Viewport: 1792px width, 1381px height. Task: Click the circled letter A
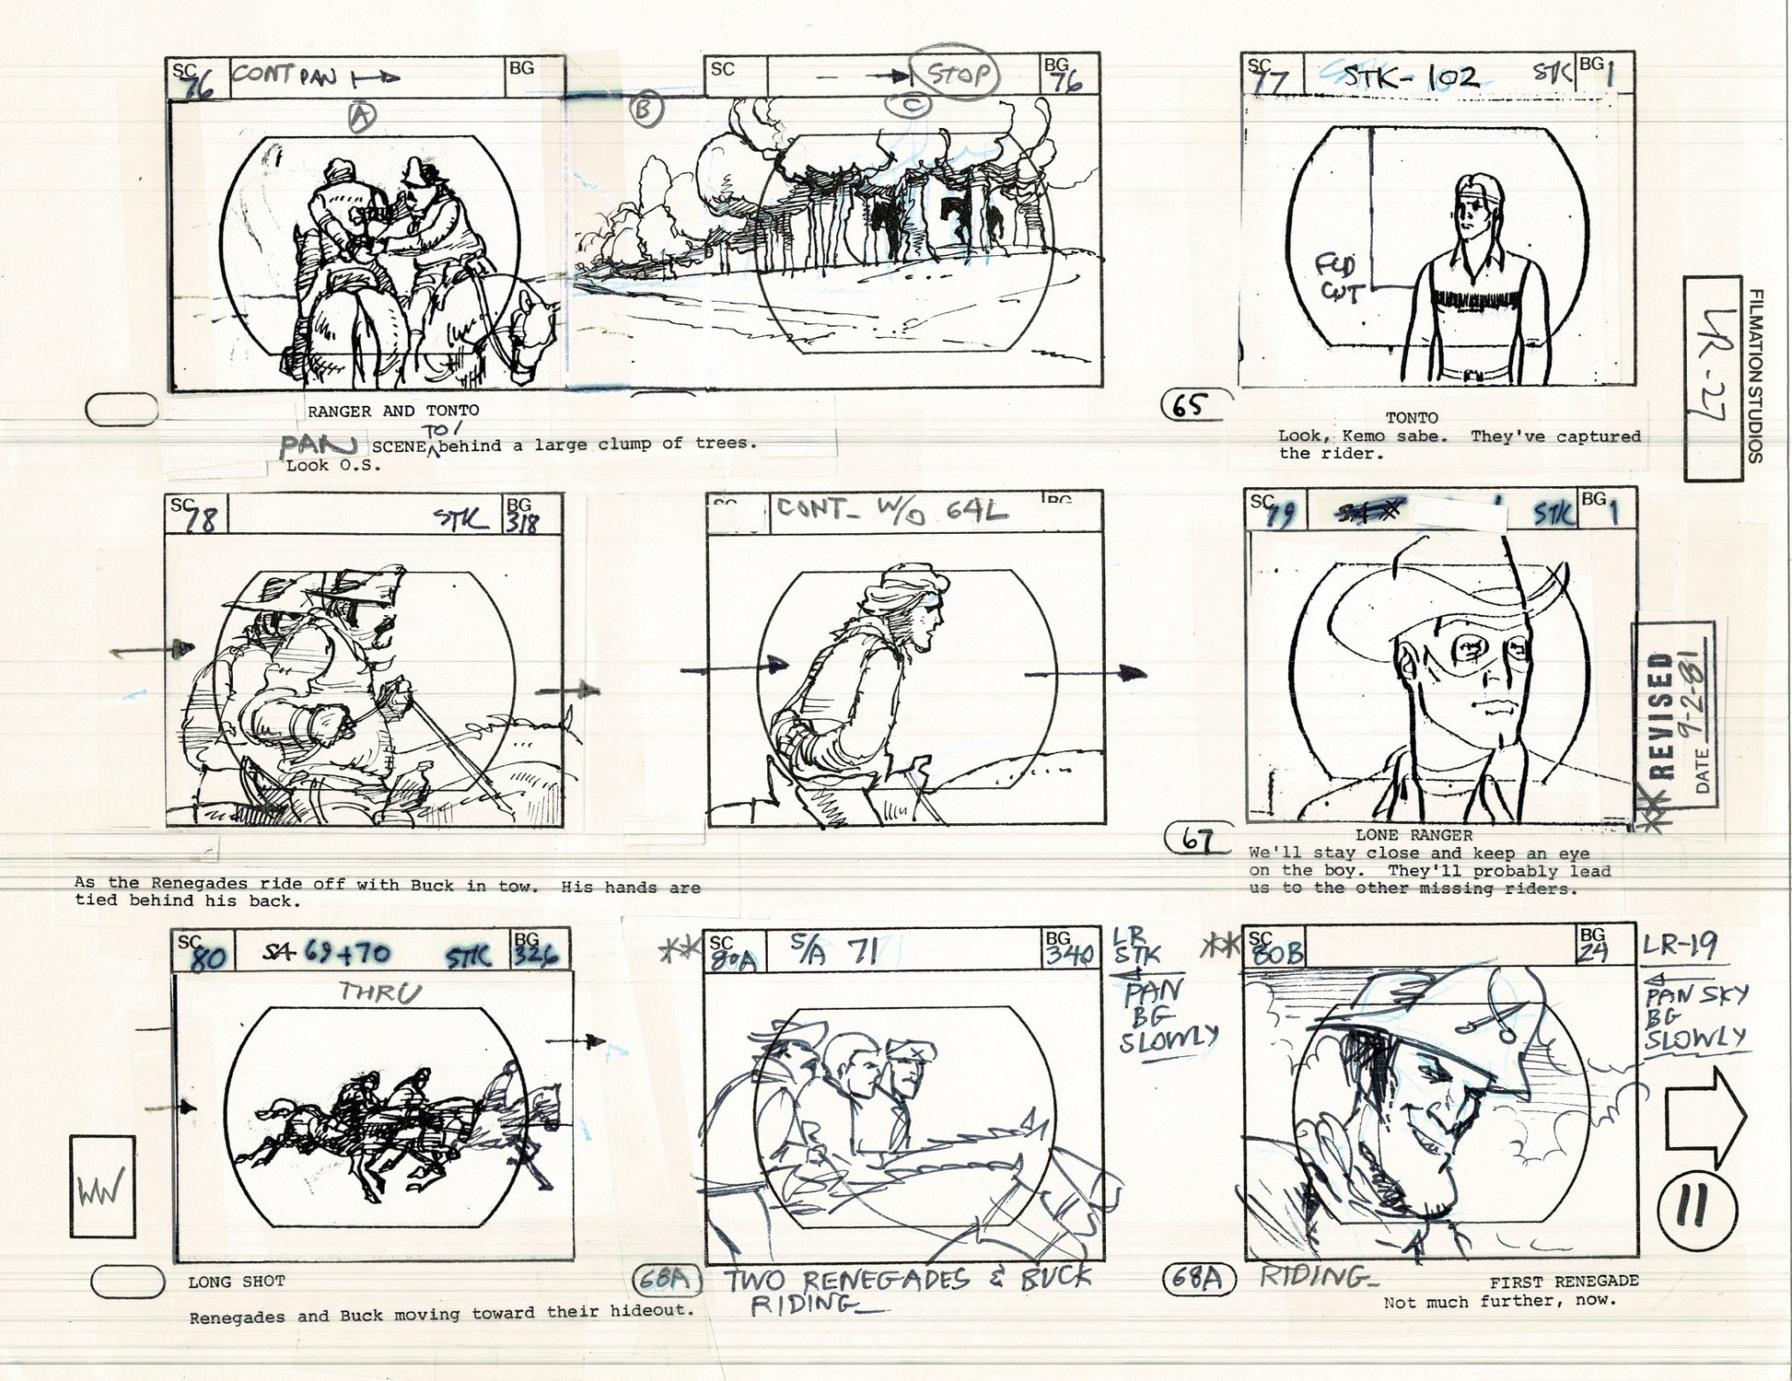point(363,116)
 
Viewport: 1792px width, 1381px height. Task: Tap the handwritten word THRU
point(379,993)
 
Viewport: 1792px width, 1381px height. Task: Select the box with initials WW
point(102,1186)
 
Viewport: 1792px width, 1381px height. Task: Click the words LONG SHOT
point(237,1282)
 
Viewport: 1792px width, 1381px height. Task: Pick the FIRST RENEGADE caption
point(1564,1282)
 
